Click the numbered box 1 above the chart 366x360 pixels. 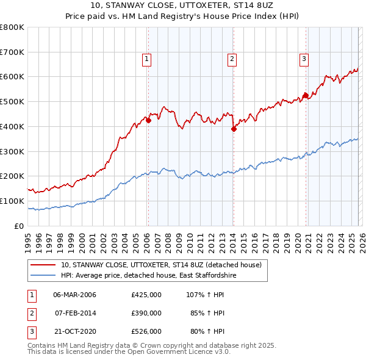tap(147, 59)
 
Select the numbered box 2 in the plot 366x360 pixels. tap(232, 59)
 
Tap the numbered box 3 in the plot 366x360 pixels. tap(304, 59)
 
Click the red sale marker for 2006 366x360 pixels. tap(148, 120)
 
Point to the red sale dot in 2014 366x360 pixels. tap(234, 129)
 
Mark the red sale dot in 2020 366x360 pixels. tap(306, 95)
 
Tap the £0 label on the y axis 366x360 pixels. tap(18, 226)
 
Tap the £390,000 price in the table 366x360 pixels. tap(146, 313)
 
